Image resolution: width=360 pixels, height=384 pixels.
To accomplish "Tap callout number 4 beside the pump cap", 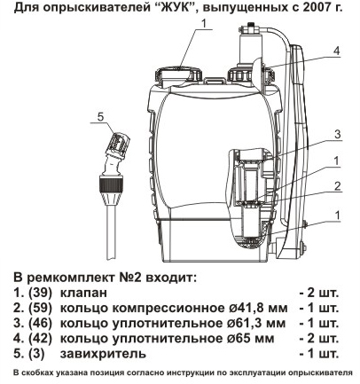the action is [x=337, y=51].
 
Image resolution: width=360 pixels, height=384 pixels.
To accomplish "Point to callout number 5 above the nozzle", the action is [x=100, y=117].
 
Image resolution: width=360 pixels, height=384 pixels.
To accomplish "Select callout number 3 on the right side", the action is [x=338, y=135].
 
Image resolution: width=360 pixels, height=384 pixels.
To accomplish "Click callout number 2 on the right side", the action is [x=338, y=186].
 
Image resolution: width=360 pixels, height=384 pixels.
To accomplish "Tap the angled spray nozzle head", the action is [x=117, y=145].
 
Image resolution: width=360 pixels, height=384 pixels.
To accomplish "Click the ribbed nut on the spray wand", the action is [x=111, y=184].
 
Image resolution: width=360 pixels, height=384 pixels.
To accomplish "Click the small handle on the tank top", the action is [x=215, y=80].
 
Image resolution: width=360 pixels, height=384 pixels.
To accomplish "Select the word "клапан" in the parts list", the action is [x=83, y=294].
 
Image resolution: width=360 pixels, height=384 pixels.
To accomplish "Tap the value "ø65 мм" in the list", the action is [x=250, y=339].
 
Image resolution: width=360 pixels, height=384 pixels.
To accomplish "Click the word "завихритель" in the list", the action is [x=103, y=354].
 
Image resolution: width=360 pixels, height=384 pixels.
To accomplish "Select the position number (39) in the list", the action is [x=40, y=293].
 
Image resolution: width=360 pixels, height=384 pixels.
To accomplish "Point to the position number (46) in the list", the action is [x=40, y=324].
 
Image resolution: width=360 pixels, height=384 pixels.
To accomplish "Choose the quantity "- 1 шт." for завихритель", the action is [x=319, y=354].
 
